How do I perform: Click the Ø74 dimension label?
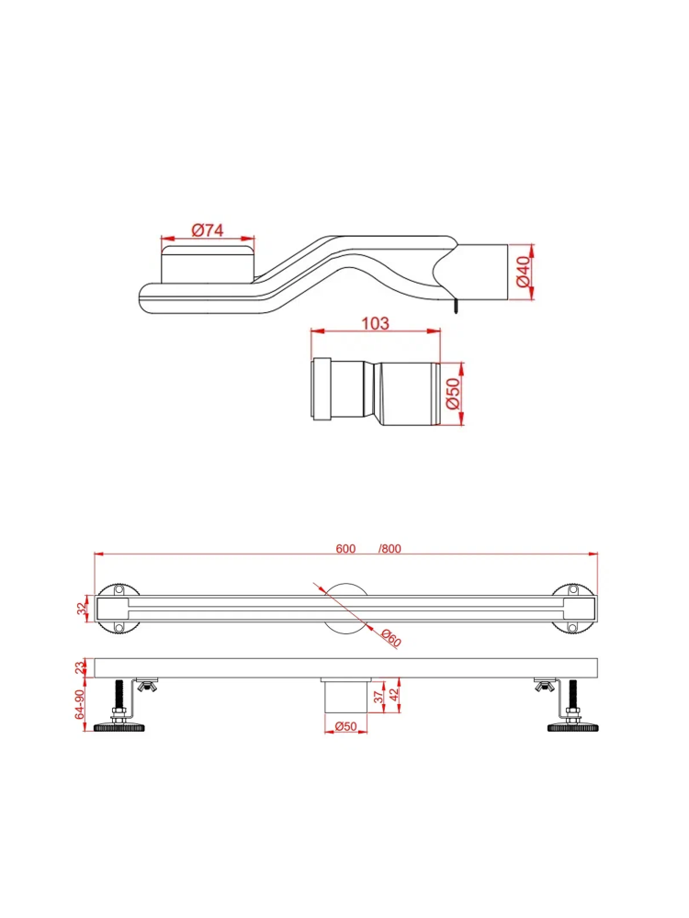tap(207, 230)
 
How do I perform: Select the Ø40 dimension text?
tap(523, 273)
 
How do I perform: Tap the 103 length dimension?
tap(376, 323)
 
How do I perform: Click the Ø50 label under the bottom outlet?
tap(345, 725)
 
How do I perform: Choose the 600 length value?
tap(345, 549)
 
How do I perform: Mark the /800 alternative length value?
tap(390, 549)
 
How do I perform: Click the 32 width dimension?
tap(82, 607)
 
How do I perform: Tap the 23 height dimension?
tap(80, 667)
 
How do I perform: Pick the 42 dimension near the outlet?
tap(395, 695)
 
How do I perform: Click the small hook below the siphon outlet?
tap(454, 306)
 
